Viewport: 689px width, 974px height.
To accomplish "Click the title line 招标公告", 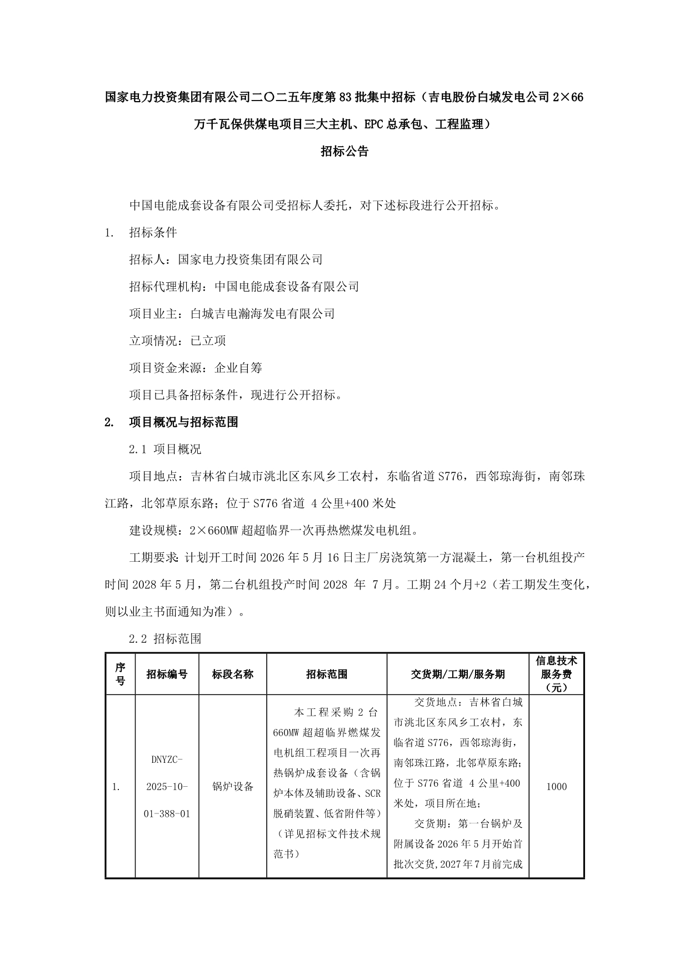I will pos(344,151).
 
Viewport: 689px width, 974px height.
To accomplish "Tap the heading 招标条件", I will pos(153,232).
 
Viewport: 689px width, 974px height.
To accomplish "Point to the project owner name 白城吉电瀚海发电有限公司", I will pos(262,314).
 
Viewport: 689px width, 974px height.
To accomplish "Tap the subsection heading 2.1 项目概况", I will pos(165,449).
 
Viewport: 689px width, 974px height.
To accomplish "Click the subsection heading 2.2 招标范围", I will pos(165,639).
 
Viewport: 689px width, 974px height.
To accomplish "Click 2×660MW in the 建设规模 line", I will pos(214,531).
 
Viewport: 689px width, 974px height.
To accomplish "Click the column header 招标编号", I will pos(167,674).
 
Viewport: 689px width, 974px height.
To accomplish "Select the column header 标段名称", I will pos(232,674).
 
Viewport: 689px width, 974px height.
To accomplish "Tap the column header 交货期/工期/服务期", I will pos(457,674).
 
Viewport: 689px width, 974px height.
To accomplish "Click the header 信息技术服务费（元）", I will pos(556,674).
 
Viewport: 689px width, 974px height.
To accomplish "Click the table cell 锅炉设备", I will pos(232,786).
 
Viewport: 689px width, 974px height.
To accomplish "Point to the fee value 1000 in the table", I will pos(556,786).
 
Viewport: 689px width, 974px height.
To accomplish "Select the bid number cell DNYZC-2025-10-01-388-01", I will pos(167,786).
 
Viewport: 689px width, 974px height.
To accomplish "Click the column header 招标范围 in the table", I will pos(327,674).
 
